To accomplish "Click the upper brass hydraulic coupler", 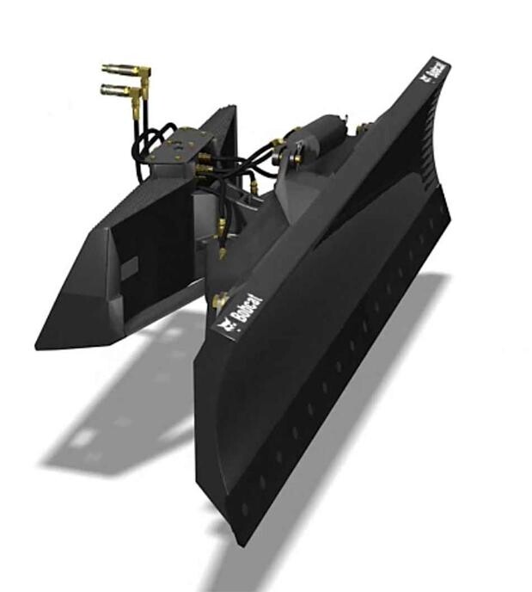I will [x=125, y=70].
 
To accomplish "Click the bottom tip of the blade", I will [x=242, y=538].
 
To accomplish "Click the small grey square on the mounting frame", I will [x=127, y=268].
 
